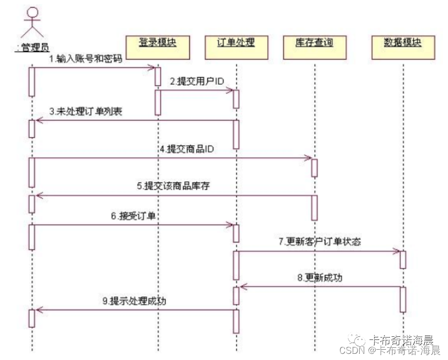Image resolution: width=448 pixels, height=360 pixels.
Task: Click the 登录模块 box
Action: click(x=158, y=45)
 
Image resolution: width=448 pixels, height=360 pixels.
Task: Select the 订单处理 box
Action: click(x=236, y=45)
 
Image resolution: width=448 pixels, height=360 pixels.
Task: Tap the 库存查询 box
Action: click(x=314, y=45)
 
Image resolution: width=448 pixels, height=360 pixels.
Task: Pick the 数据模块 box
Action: click(x=402, y=45)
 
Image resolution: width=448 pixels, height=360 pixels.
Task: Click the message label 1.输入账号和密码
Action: click(x=85, y=59)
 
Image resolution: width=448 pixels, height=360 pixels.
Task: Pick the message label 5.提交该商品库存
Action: click(x=173, y=186)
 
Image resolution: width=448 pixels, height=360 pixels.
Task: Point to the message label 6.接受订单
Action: click(x=133, y=216)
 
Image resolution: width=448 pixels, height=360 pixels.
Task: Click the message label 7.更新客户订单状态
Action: click(x=320, y=242)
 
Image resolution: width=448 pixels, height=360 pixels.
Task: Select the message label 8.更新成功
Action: click(x=320, y=278)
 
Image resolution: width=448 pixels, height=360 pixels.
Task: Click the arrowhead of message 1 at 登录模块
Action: click(x=152, y=67)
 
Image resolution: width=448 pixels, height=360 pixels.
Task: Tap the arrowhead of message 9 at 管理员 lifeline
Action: click(x=37, y=310)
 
